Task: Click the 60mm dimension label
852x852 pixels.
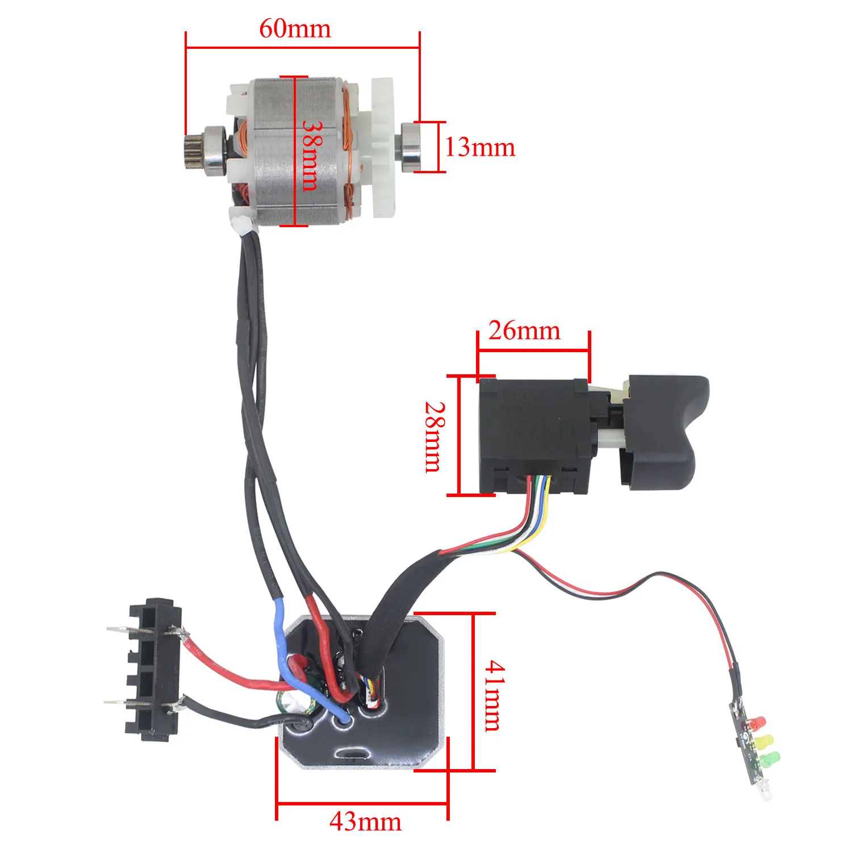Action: point(295,28)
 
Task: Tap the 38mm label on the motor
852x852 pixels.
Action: point(311,154)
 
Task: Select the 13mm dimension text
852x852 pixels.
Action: point(480,148)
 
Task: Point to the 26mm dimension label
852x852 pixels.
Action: point(524,331)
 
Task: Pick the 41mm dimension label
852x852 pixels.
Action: point(493,695)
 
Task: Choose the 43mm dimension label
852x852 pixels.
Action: point(365,822)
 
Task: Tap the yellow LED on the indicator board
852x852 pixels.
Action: point(765,741)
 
